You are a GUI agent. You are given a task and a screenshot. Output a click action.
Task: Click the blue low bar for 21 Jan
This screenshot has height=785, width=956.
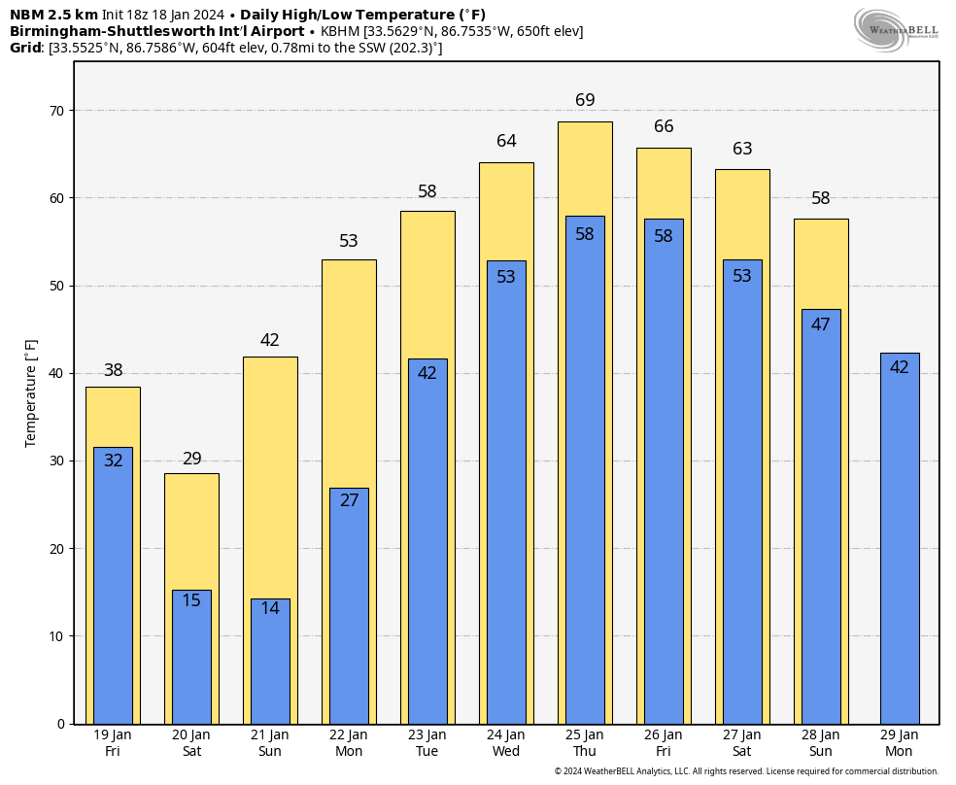tap(270, 670)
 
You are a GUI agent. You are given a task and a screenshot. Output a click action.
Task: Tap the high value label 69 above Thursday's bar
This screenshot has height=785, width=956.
tap(585, 100)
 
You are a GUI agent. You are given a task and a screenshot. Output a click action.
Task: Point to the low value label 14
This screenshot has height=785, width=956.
tap(270, 608)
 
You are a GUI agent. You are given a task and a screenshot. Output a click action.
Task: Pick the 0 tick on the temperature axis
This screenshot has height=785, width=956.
tap(60, 724)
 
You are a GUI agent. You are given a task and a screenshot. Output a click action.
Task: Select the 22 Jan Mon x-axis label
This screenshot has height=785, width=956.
tap(349, 743)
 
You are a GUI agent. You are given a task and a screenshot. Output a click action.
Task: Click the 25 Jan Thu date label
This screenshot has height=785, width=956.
tap(585, 743)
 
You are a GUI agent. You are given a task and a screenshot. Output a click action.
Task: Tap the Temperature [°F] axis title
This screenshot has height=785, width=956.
tap(31, 392)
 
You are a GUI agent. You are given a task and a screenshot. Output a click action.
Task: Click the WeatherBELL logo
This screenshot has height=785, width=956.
tap(896, 29)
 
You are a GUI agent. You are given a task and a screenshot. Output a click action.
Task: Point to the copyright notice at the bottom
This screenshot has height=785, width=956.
tap(746, 771)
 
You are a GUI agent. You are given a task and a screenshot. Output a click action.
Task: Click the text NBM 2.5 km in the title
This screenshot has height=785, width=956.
tap(53, 15)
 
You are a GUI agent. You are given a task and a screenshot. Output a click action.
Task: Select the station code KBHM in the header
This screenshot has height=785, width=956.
tap(340, 31)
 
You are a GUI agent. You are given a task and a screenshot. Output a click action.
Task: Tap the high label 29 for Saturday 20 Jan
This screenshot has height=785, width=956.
tap(191, 459)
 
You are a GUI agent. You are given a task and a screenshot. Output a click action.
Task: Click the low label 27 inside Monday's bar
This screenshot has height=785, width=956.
tap(349, 500)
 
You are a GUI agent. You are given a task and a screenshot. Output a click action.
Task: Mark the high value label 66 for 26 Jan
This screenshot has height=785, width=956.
tap(664, 126)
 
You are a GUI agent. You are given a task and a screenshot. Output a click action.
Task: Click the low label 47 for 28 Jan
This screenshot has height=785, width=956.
tap(821, 324)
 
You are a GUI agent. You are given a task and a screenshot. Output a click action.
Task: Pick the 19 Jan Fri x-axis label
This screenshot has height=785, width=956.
tap(113, 743)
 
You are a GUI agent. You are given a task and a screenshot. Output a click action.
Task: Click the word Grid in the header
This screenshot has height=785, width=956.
tap(26, 48)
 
